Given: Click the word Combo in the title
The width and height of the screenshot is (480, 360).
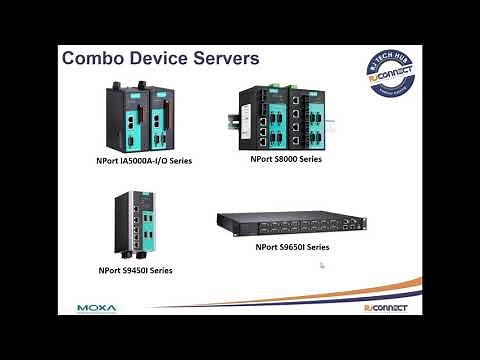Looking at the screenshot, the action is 93,58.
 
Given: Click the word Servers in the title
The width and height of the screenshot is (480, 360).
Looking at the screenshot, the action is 229,58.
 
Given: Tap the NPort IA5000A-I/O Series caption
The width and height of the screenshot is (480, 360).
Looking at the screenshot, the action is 138,160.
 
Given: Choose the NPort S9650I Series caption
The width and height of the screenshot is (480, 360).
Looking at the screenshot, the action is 293,245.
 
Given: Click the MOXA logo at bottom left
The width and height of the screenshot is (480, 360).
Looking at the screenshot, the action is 97,307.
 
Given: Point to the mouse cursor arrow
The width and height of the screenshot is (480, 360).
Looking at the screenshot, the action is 322,266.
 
